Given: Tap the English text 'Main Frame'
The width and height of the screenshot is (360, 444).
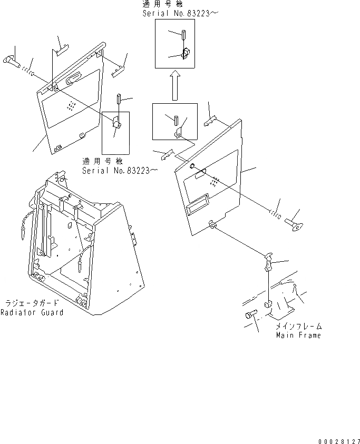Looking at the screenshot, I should point(298,335).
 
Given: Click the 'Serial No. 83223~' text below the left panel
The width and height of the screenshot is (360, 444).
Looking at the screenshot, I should point(120,170).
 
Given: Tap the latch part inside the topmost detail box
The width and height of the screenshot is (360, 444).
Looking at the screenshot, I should point(186,54).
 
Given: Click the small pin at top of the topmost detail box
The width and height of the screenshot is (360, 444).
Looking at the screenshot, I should point(183,36).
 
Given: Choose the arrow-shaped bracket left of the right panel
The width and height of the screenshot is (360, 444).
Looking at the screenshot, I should point(166,154).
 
